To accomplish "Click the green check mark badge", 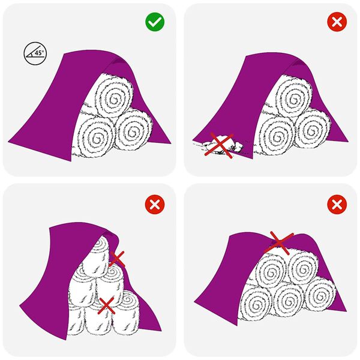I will (155, 23).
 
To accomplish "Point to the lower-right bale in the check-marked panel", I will (133, 129).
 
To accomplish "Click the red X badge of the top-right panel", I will (336, 23).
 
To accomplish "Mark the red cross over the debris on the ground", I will (220, 146).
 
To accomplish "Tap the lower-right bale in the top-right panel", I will (313, 128).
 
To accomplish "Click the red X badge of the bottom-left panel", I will (155, 204).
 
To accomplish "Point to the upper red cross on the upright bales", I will (116, 259).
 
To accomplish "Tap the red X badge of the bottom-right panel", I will (336, 204).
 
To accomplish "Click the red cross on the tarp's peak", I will (278, 241).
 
